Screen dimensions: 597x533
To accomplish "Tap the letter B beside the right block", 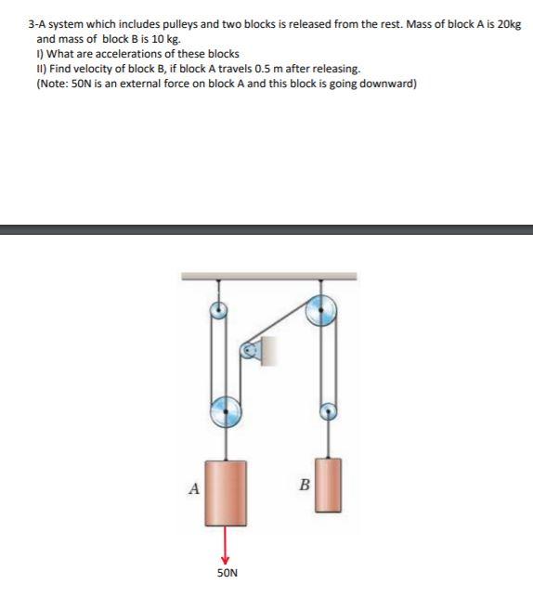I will [x=302, y=484].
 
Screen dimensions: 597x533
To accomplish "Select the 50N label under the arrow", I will [x=227, y=573].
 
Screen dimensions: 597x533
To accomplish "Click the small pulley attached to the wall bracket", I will [x=247, y=351].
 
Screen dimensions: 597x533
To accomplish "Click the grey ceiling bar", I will [x=269, y=276].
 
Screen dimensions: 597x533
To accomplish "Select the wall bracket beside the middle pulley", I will [x=263, y=351].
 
